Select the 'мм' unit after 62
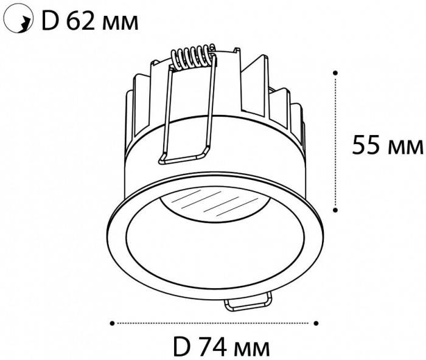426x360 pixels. [x=120, y=24]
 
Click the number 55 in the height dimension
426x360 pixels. [x=366, y=145]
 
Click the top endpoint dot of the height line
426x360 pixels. [x=335, y=73]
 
